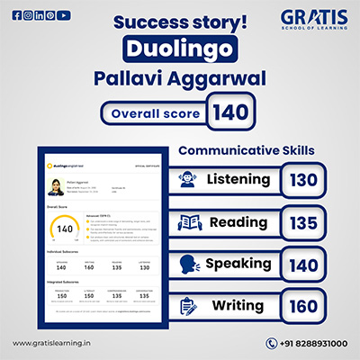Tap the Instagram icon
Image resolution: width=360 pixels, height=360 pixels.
[x=28, y=15]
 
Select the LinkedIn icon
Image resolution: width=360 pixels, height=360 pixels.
[x=39, y=15]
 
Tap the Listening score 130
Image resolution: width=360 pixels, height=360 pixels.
[x=304, y=180]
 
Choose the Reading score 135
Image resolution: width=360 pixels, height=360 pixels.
[x=304, y=222]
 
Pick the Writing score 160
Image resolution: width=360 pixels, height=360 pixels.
[x=304, y=305]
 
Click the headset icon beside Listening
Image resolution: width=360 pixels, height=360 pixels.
[x=190, y=180]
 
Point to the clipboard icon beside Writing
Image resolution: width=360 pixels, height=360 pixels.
[x=190, y=306]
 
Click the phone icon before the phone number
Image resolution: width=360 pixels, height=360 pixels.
[x=272, y=343]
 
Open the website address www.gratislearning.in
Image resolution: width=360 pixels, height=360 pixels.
[x=49, y=343]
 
